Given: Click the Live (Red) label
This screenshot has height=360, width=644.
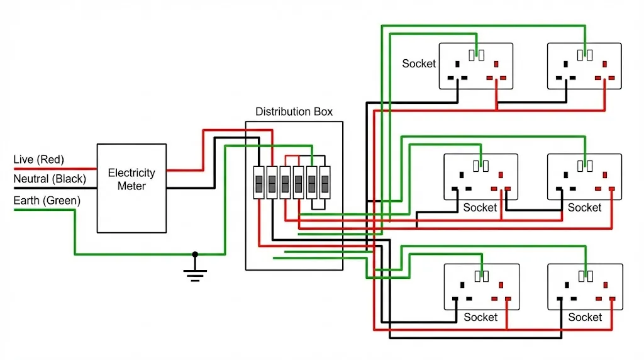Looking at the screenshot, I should (38, 160).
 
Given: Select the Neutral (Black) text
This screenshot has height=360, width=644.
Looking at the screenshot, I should (50, 179).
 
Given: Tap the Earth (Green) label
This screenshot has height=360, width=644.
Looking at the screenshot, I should (47, 201).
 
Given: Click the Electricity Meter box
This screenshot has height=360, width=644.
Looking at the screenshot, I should (131, 188).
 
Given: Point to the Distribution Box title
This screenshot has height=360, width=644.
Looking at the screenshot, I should (294, 112).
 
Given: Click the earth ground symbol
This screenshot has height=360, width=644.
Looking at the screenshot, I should (195, 273).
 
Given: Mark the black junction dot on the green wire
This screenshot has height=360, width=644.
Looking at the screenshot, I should (195, 254).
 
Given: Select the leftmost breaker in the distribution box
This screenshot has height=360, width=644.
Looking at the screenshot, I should (258, 183).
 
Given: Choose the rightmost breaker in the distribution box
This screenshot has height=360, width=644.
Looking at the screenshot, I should (325, 183).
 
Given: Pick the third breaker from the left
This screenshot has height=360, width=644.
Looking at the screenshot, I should (285, 183).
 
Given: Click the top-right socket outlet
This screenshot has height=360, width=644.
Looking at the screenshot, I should (584, 66).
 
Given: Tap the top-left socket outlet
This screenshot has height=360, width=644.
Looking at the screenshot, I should (475, 66).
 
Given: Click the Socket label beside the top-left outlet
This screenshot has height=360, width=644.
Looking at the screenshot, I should (419, 64).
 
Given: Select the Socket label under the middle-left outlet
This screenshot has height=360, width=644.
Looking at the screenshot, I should (480, 207).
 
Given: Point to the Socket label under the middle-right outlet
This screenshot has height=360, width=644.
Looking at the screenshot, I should (584, 207).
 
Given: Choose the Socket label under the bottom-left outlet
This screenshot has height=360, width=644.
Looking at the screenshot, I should (480, 317).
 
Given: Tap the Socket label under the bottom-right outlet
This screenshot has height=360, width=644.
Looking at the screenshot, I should (584, 317).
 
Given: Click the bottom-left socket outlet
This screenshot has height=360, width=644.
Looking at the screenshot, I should (481, 286).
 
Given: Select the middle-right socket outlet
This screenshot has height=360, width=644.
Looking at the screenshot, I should (585, 177).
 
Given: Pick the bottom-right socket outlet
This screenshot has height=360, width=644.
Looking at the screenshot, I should (585, 286).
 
